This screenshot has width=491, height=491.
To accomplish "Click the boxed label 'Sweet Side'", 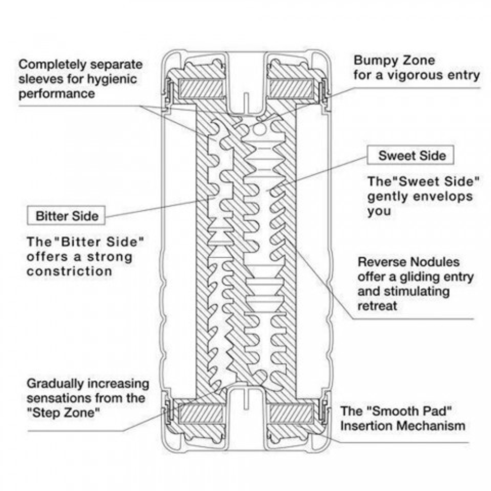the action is pyautogui.click(x=410, y=155).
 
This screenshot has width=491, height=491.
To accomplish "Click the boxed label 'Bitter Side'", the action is pyautogui.click(x=66, y=216).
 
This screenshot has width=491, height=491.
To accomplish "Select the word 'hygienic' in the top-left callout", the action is pyautogui.click(x=111, y=79).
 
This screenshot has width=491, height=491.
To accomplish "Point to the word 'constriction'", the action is pyautogui.click(x=69, y=271).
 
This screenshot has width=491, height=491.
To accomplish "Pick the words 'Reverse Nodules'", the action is pyautogui.click(x=409, y=262).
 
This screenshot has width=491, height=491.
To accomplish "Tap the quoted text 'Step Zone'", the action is pyautogui.click(x=63, y=412).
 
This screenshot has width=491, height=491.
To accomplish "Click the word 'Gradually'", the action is pyautogui.click(x=55, y=384).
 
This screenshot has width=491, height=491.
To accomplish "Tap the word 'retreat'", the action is pyautogui.click(x=377, y=306).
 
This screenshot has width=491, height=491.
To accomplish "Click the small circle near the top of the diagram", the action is pyautogui.click(x=259, y=129).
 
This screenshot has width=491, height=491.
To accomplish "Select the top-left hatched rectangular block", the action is pyautogui.click(x=201, y=88).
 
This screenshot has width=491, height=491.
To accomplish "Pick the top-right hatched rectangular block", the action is pyautogui.click(x=291, y=88).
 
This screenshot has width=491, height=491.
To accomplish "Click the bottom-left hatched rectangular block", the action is pyautogui.click(x=201, y=413).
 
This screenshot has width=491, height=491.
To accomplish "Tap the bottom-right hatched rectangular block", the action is pyautogui.click(x=291, y=413).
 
